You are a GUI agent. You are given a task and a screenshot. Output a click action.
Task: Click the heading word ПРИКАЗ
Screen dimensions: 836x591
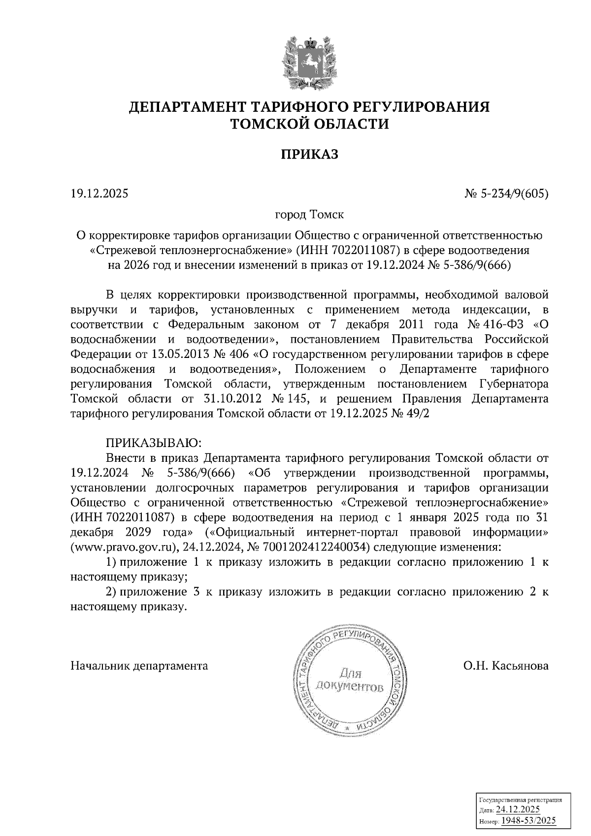pyautogui.click(x=309, y=155)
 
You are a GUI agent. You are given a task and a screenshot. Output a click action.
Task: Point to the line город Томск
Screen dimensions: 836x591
pyautogui.click(x=309, y=215)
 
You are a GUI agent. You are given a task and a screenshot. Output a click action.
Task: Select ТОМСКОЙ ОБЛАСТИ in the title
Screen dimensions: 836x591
pyautogui.click(x=309, y=125)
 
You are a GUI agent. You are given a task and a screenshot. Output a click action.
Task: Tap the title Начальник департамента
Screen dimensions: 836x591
pyautogui.click(x=139, y=667)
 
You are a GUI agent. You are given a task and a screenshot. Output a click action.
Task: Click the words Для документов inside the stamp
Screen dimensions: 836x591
pyautogui.click(x=349, y=680)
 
